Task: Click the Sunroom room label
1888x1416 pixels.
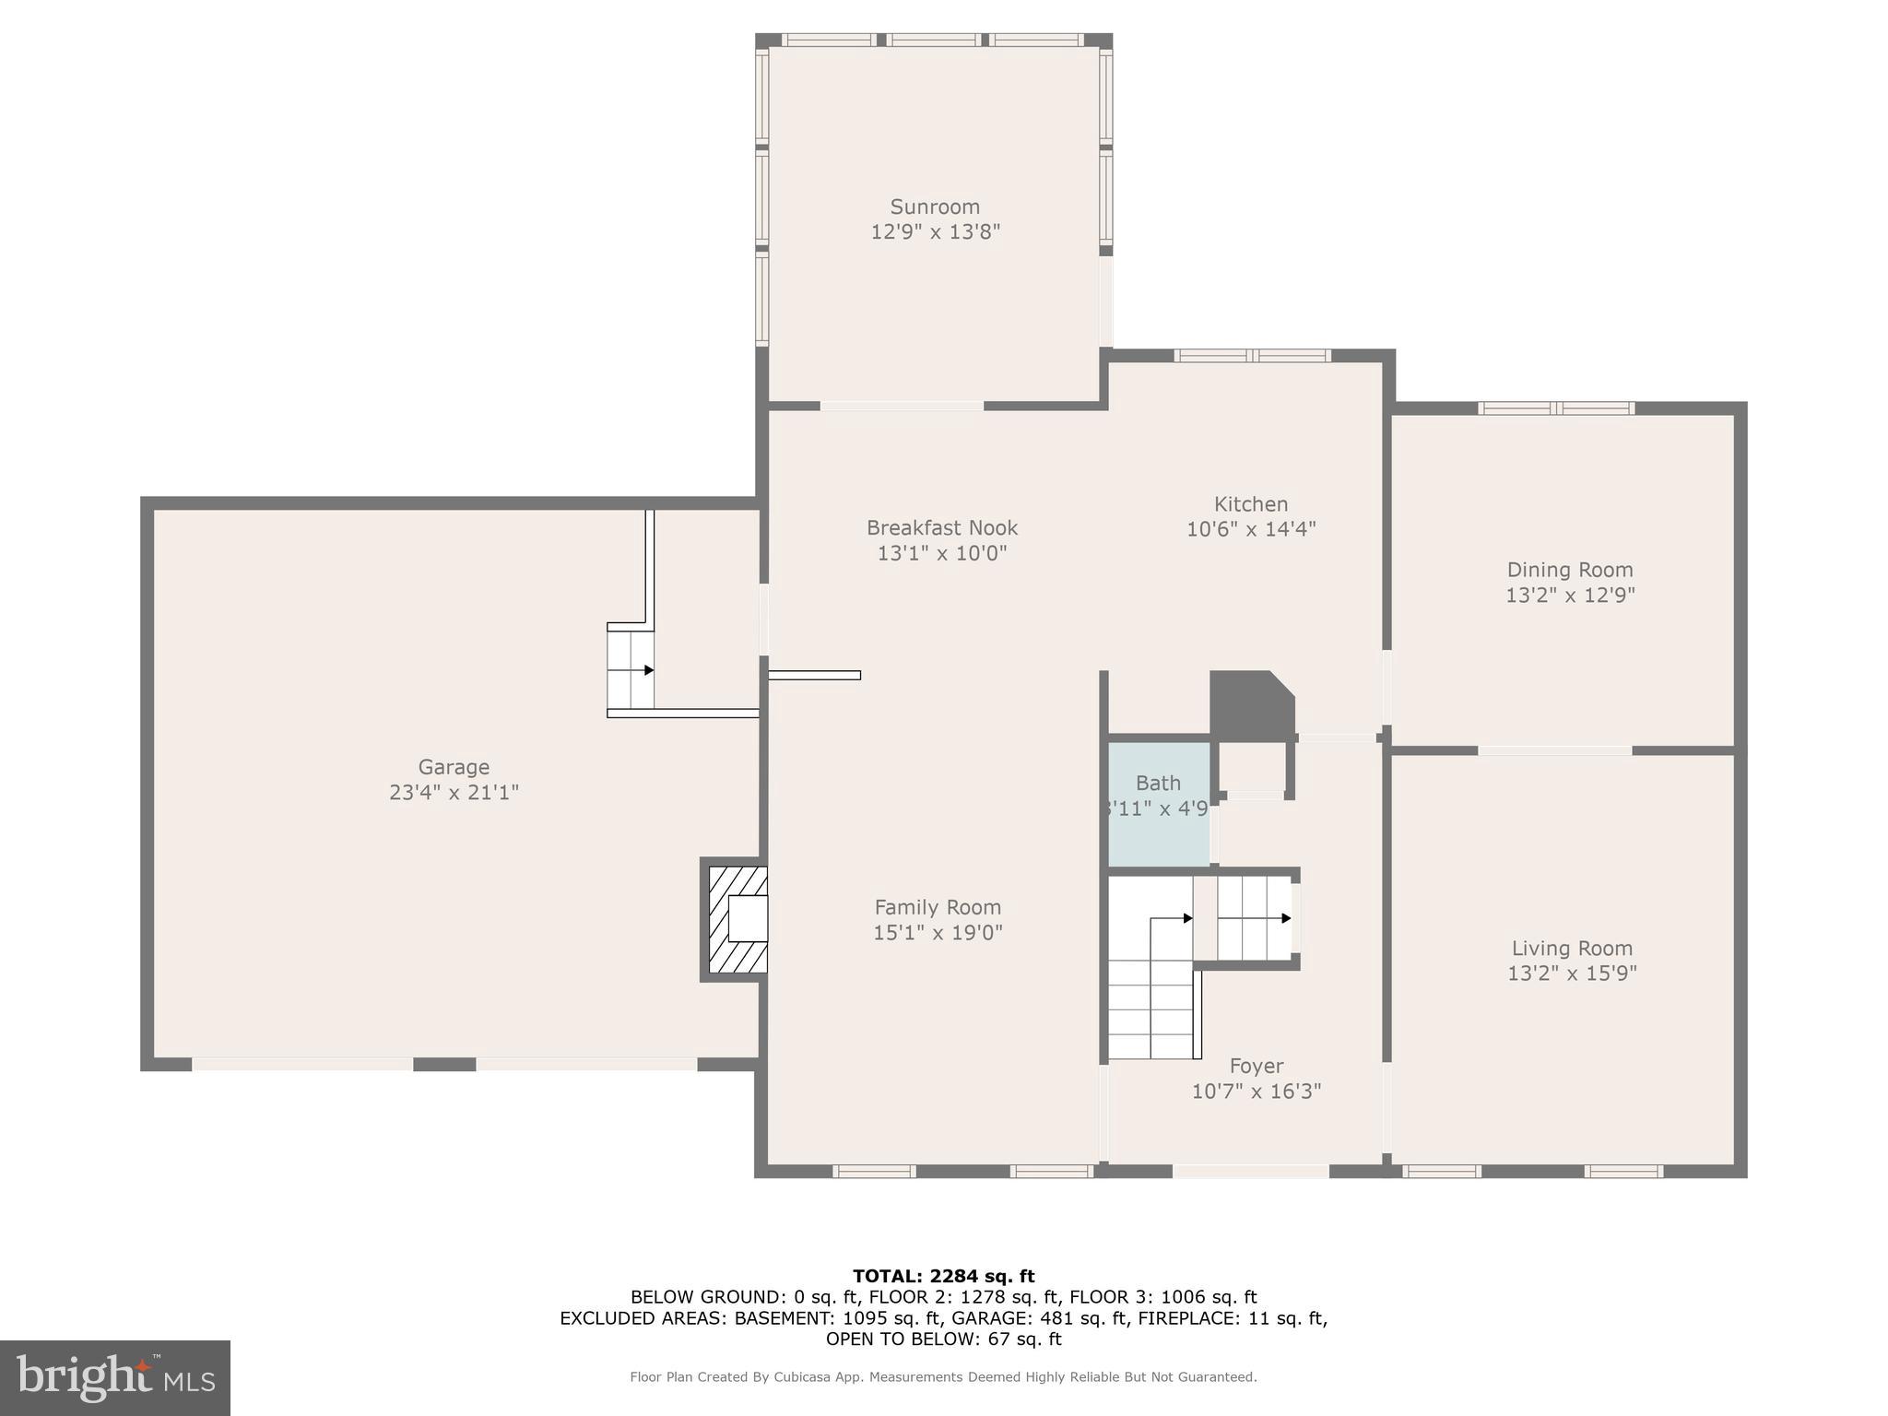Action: [x=935, y=206]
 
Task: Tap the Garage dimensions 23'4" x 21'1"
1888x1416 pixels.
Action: [x=454, y=792]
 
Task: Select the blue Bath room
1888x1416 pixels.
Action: [x=1158, y=804]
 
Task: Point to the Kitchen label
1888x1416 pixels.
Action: [x=1250, y=504]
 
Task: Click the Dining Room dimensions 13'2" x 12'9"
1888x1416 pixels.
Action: [x=1570, y=595]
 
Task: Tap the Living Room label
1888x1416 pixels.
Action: [x=1572, y=948]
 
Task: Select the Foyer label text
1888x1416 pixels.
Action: [x=1256, y=1066]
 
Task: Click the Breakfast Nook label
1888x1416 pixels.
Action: [x=941, y=528]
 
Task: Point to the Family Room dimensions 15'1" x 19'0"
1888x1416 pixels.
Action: [x=938, y=932]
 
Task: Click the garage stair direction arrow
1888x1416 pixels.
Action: [x=648, y=670]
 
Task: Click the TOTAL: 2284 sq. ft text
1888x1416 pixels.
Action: [x=943, y=1276]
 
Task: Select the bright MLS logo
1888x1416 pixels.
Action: [x=115, y=1377]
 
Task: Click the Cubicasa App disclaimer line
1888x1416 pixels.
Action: [x=943, y=1376]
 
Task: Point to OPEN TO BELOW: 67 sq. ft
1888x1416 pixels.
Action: [x=943, y=1339]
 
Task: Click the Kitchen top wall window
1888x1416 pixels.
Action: [x=1251, y=356]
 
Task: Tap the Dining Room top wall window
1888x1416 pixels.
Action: [x=1556, y=408]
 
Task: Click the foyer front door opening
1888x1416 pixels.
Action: [x=1250, y=1171]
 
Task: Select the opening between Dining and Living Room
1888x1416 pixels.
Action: [x=1554, y=750]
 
